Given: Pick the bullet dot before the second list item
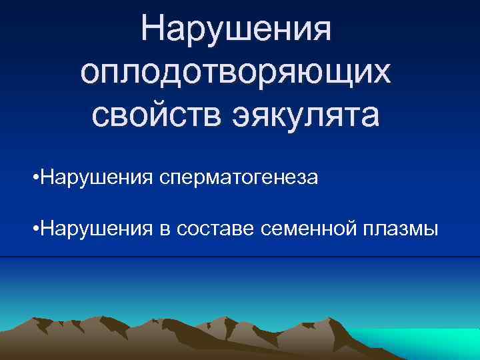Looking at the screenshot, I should click(x=35, y=229).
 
